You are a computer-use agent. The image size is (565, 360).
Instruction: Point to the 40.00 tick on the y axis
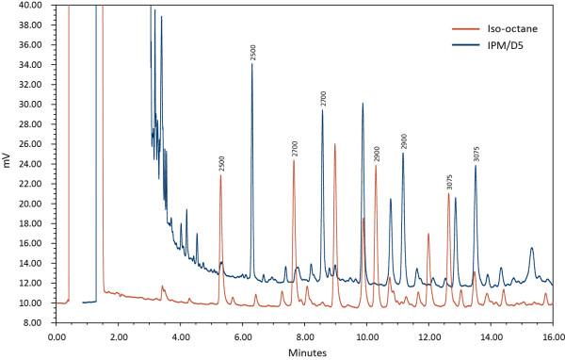(x=31, y=5)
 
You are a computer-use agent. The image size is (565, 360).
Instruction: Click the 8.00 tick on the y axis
(x=34, y=323)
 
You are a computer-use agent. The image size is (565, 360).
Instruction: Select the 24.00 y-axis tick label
(x=31, y=164)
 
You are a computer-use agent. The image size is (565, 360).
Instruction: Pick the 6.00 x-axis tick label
(x=242, y=335)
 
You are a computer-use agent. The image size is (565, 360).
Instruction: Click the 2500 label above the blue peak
(x=252, y=52)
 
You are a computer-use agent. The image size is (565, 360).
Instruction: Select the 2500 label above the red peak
(x=221, y=164)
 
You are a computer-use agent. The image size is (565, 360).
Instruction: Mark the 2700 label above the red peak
(x=294, y=149)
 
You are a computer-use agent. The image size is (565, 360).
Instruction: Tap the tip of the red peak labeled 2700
(x=294, y=161)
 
